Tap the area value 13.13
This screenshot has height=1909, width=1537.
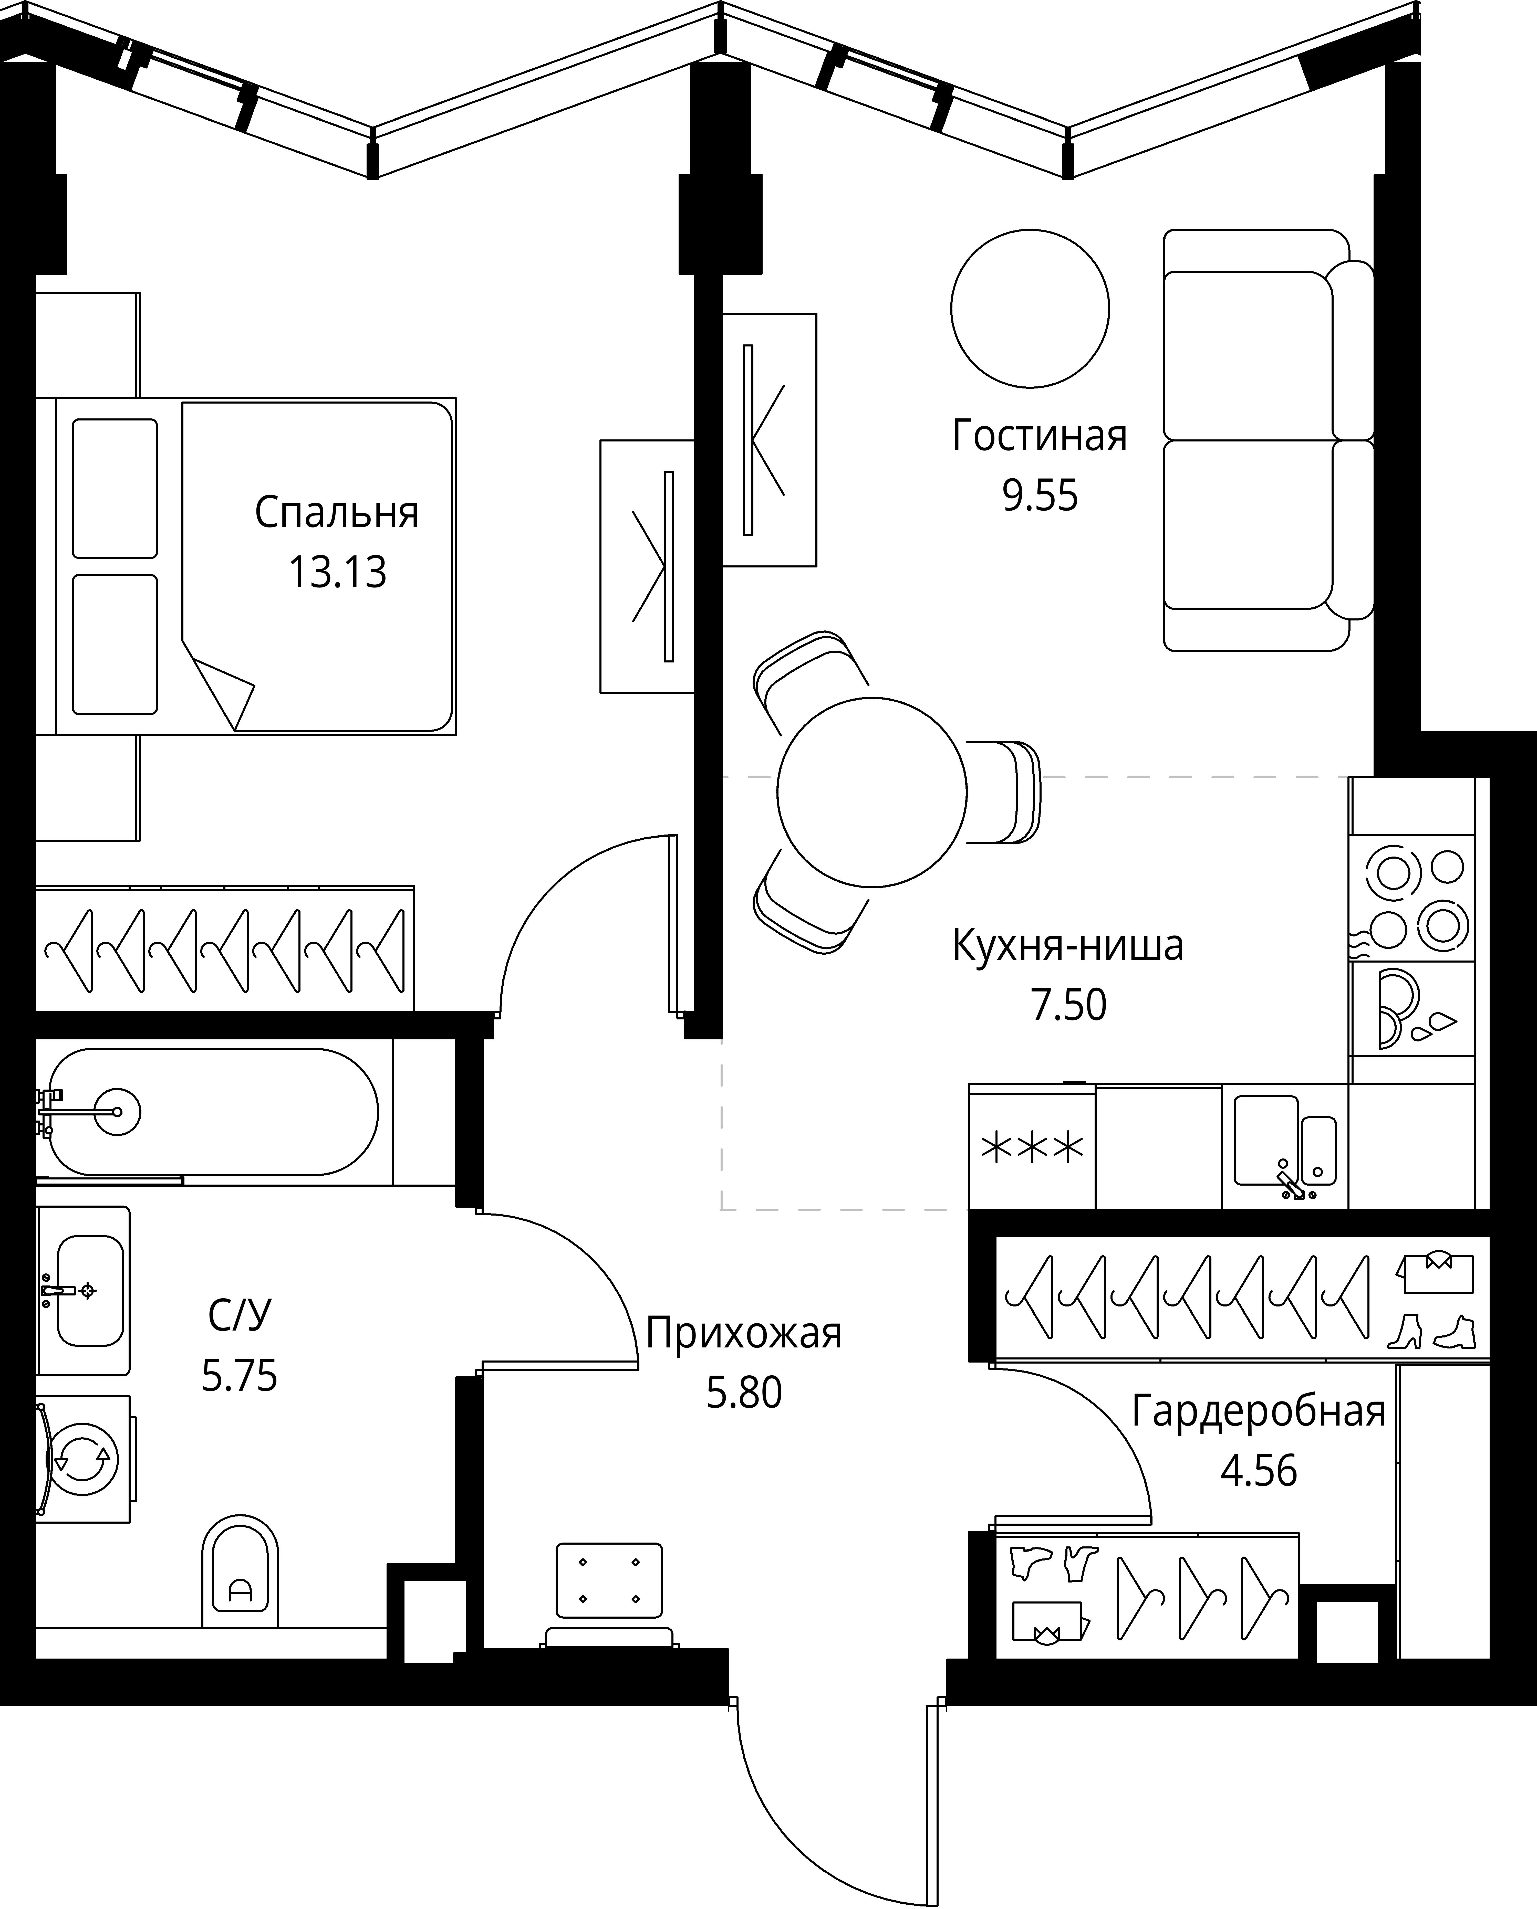click(x=338, y=573)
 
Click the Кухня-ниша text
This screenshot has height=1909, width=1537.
click(x=1067, y=946)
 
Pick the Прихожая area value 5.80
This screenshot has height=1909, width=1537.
click(x=744, y=1393)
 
